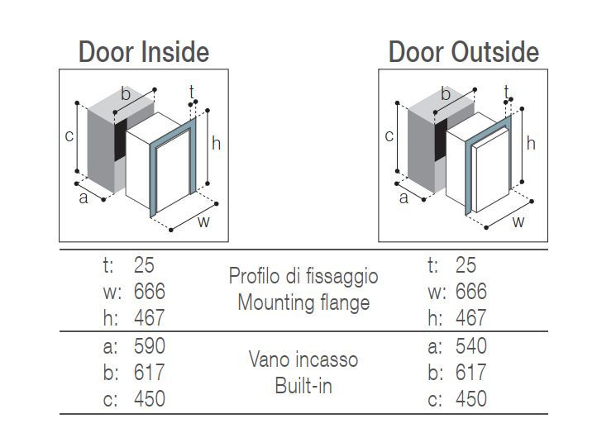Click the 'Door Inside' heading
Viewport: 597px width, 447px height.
144,52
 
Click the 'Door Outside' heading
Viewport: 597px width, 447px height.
464,52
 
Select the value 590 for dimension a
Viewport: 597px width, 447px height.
150,346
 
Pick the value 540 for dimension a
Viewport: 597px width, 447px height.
471,346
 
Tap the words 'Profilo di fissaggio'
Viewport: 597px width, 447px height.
303,277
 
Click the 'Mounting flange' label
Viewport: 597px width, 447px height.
303,303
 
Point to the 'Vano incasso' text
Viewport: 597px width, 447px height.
303,359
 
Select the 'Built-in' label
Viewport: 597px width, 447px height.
303,386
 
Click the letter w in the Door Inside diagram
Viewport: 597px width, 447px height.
204,221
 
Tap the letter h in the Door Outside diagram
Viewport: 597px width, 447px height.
531,144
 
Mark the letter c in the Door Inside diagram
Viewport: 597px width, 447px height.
69,136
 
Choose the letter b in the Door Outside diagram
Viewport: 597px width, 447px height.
446,93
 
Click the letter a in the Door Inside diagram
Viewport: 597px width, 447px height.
84,198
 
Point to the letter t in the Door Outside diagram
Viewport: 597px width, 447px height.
506,92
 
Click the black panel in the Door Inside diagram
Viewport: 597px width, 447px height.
121,139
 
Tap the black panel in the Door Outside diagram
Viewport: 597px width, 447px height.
441,139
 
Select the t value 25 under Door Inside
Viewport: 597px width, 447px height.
144,265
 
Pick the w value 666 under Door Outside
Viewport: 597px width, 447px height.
471,292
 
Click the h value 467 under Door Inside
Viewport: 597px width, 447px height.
149,318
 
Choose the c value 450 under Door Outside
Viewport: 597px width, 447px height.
471,399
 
